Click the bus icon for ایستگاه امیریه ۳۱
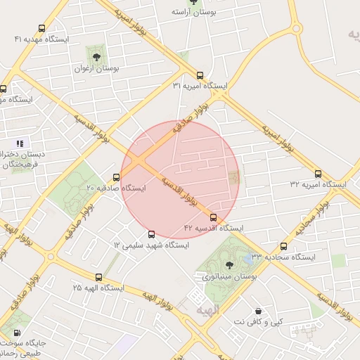(200, 75)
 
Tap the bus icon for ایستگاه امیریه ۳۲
(318, 174)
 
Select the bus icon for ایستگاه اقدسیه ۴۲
(214, 218)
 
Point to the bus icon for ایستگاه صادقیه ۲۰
(116, 178)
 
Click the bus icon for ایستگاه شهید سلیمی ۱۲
(151, 235)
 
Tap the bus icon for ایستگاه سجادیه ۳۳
(283, 247)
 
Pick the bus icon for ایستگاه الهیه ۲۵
(98, 277)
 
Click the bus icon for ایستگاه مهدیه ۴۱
(41, 30)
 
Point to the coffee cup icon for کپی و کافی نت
(259, 311)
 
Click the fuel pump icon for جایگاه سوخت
(16, 333)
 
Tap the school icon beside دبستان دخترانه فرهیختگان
(19, 143)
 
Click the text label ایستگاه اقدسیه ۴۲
(214, 229)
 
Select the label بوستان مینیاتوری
(230, 278)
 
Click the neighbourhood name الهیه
(209, 309)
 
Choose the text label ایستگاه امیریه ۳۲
(318, 184)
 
